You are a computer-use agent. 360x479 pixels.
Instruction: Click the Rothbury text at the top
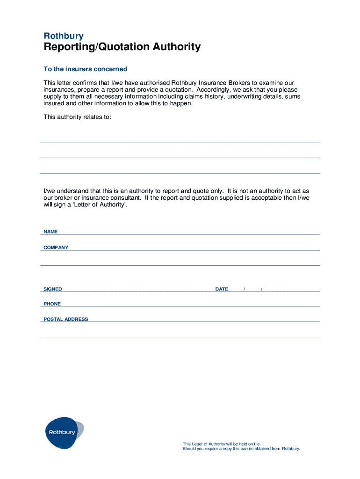[64, 36]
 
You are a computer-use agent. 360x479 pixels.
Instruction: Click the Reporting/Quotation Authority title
[122, 47]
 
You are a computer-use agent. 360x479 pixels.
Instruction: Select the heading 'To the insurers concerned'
[85, 69]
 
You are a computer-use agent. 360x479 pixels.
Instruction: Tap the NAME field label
[50, 232]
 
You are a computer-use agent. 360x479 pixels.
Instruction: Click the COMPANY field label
[56, 247]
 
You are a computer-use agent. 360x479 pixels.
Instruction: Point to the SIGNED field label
[52, 289]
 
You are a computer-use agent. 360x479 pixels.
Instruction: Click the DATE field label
[222, 289]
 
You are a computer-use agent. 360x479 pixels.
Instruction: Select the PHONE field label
[52, 304]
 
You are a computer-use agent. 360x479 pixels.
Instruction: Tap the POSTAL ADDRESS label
[65, 319]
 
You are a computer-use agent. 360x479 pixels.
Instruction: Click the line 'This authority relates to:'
[77, 117]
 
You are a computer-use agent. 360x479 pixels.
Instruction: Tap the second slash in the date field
[262, 289]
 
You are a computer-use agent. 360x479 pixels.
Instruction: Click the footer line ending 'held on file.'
[221, 444]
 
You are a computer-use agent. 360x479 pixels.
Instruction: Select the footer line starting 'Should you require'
[241, 449]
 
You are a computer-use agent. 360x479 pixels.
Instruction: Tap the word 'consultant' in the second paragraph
[125, 198]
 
